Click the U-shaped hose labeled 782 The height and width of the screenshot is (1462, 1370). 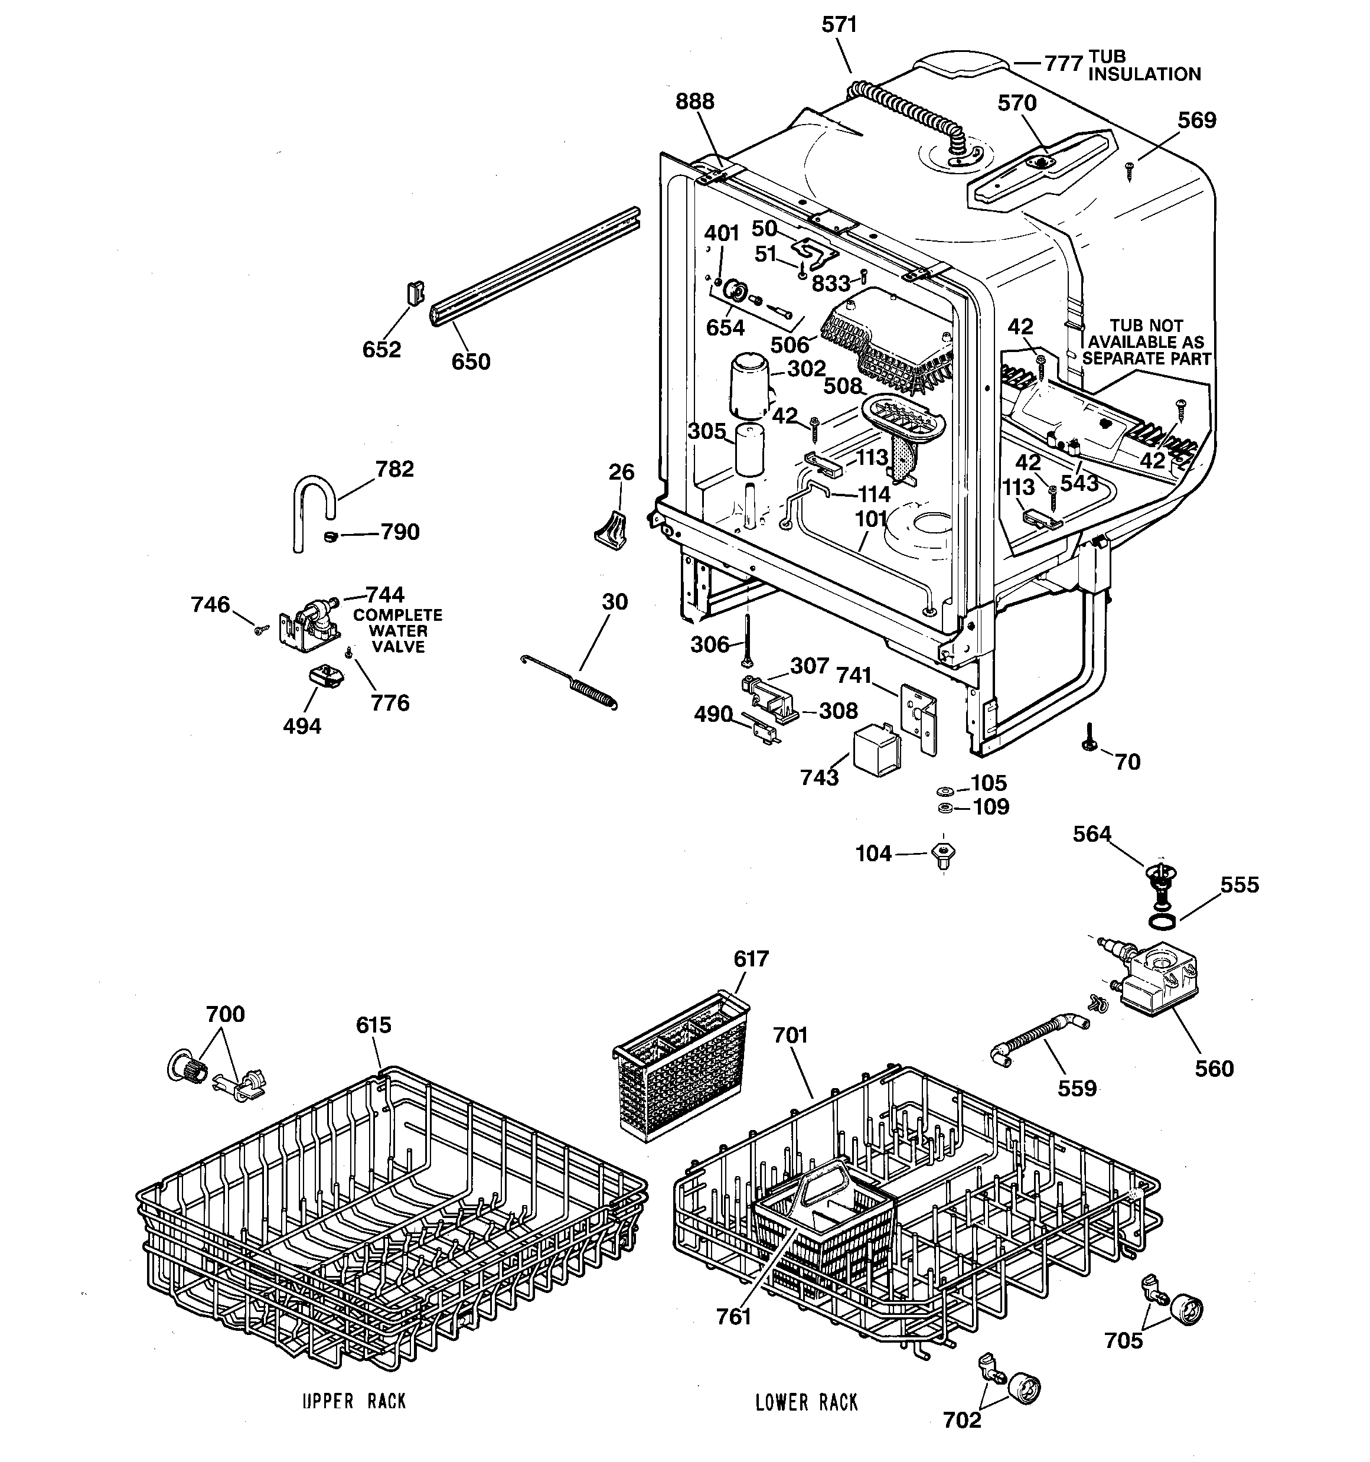point(312,507)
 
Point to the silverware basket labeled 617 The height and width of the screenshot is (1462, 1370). point(681,1066)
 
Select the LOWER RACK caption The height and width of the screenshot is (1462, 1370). point(806,1402)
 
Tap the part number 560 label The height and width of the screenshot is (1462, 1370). point(1214,1068)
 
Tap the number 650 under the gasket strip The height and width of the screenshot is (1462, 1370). point(471,362)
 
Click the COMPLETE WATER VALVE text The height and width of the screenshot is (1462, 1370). point(398,631)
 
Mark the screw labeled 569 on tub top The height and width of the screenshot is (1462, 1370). point(1130,174)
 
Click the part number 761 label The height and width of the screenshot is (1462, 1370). point(733,1316)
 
